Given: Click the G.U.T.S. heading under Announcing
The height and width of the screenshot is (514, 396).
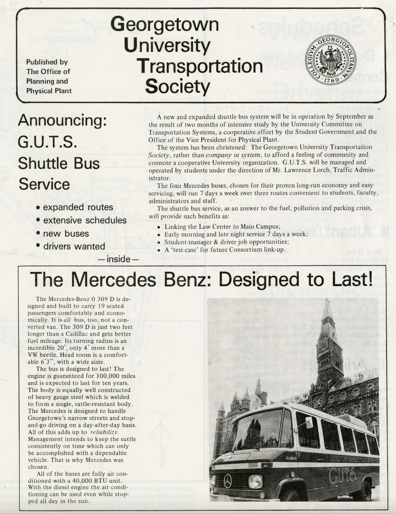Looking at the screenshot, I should (x=48, y=142).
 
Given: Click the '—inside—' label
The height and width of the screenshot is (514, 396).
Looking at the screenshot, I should (x=118, y=259).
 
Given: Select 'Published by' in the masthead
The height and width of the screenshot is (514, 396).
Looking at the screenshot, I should (x=47, y=62).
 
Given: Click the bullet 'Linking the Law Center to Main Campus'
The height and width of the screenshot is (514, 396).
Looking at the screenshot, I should (x=222, y=227).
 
